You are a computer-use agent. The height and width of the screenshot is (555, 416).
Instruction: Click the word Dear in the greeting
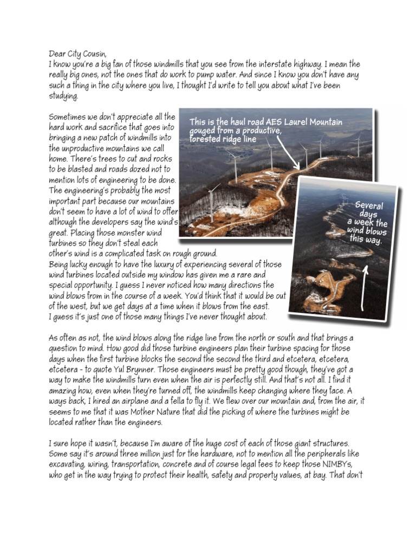(x=56, y=54)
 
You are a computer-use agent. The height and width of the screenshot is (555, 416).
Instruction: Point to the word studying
(x=63, y=96)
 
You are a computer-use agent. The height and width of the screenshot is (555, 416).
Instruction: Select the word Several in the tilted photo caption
(x=369, y=206)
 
